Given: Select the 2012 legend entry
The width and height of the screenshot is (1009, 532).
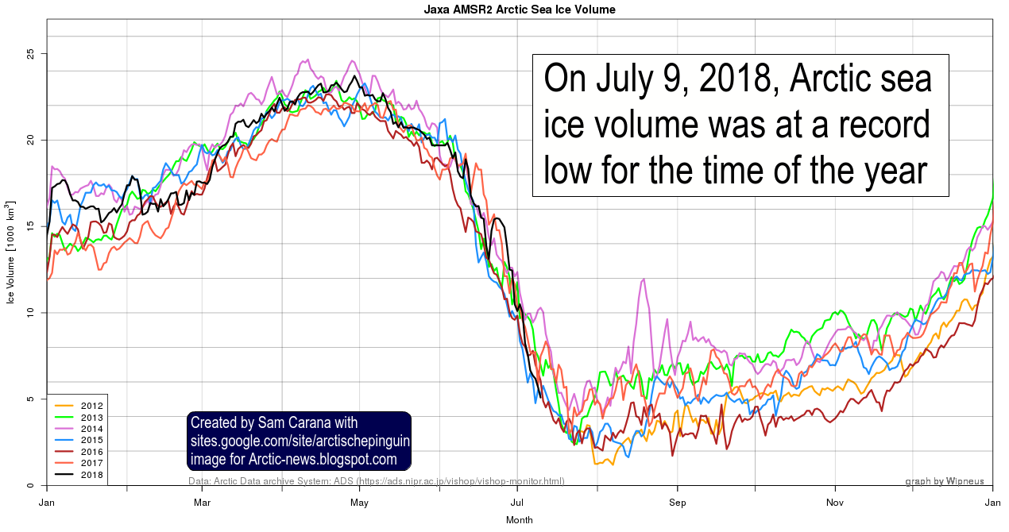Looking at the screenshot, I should (x=92, y=406).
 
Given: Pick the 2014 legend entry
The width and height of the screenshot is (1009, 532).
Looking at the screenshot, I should (x=92, y=429).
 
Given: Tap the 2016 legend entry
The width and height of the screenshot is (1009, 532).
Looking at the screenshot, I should (x=92, y=452).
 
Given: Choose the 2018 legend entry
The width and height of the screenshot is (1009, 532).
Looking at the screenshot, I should (x=92, y=475).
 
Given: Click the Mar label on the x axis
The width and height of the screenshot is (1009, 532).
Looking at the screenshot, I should (x=202, y=502).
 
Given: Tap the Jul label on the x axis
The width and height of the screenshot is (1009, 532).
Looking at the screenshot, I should (x=517, y=502).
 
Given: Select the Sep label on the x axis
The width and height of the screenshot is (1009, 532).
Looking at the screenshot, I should (x=677, y=502).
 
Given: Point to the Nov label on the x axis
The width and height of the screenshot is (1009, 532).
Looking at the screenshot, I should (x=835, y=502).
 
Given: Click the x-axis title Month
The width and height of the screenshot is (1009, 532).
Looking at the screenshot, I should (x=519, y=520).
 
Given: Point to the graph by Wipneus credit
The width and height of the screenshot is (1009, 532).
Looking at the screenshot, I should (x=944, y=481).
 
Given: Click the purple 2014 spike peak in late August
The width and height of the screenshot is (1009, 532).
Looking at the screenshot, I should (x=644, y=279).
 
